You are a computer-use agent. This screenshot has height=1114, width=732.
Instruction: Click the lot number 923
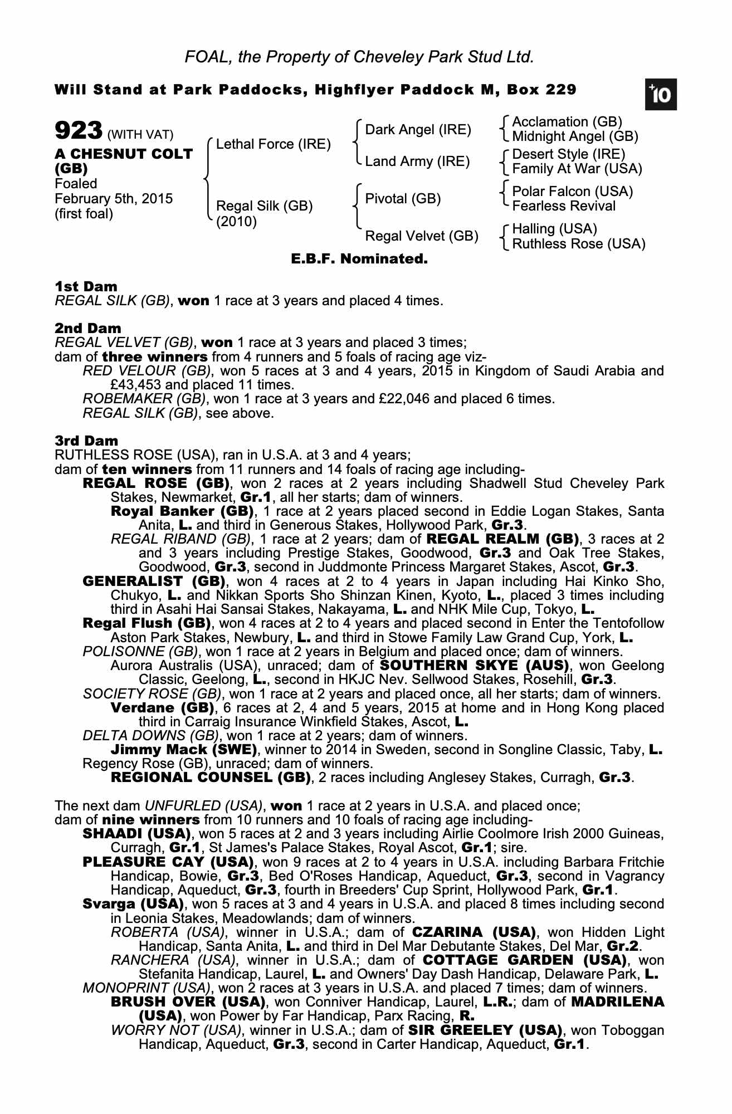[78, 131]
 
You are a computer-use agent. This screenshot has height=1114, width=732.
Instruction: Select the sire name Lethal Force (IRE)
[273, 144]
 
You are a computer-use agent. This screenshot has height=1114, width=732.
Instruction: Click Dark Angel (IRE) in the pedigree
[418, 130]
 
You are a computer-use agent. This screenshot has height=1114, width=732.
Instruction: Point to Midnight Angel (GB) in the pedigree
[575, 136]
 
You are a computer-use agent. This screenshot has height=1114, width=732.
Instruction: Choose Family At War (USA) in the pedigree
[577, 169]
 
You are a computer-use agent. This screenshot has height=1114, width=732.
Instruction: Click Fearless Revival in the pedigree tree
[564, 206]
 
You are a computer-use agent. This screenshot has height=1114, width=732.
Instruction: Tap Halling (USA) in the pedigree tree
[554, 229]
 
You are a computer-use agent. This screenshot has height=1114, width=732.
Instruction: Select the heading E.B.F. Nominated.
[359, 259]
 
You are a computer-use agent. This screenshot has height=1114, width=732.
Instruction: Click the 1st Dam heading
[86, 287]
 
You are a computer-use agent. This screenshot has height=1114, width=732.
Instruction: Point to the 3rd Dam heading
[86, 441]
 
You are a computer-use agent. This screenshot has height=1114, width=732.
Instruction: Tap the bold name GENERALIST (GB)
[153, 582]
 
